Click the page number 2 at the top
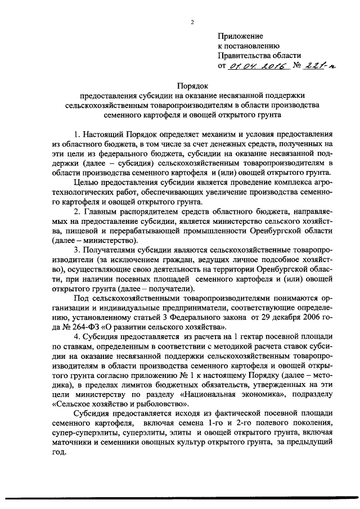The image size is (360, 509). [x=192, y=22]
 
